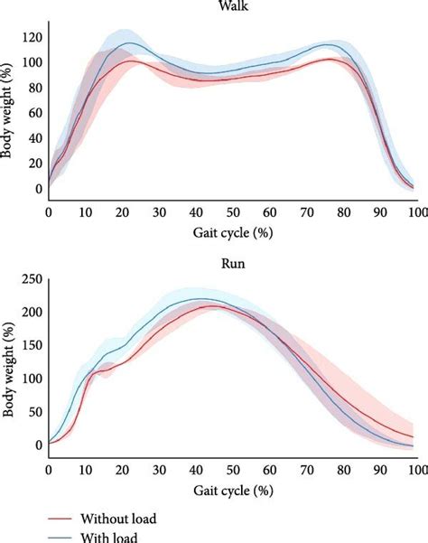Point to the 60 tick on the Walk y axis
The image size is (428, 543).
[34, 114]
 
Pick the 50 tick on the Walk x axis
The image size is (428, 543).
[231, 211]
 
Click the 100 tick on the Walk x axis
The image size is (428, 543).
[414, 211]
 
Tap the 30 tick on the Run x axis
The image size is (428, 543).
[158, 467]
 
